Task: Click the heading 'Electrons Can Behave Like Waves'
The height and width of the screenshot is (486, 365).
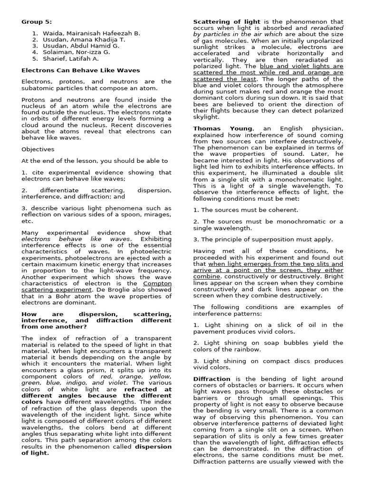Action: (x=81, y=70)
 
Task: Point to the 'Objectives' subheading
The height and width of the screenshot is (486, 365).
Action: (x=38, y=149)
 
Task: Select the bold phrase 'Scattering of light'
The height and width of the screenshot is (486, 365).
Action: (x=226, y=22)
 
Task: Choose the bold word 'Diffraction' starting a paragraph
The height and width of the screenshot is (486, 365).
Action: (x=211, y=379)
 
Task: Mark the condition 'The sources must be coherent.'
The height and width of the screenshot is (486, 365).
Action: (x=246, y=210)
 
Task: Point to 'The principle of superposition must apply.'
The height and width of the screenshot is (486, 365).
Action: (x=263, y=239)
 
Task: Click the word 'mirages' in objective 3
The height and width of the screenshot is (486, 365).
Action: (x=150, y=215)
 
